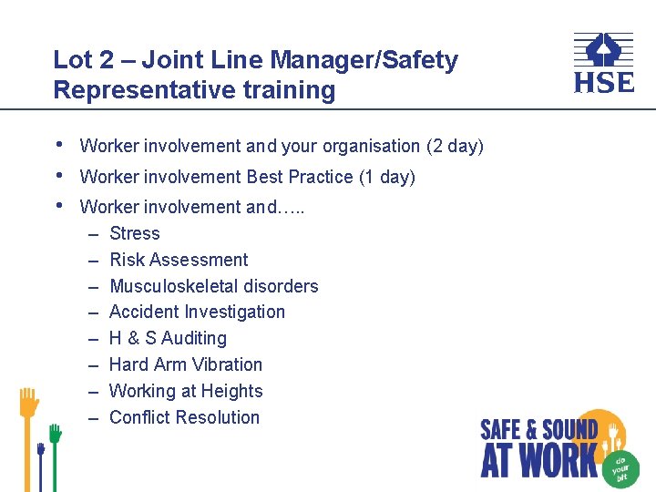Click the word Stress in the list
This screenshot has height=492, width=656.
pyautogui.click(x=134, y=233)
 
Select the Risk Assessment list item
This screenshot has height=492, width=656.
pyautogui.click(x=179, y=260)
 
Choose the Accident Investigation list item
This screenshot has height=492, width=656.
pyautogui.click(x=197, y=312)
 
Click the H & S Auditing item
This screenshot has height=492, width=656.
pyautogui.click(x=168, y=338)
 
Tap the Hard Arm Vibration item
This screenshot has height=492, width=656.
pyautogui.click(x=185, y=364)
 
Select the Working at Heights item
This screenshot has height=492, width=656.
pyautogui.click(x=186, y=391)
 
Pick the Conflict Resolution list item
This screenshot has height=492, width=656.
pyautogui.click(x=184, y=417)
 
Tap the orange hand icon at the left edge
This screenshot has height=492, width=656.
pyautogui.click(x=29, y=403)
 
